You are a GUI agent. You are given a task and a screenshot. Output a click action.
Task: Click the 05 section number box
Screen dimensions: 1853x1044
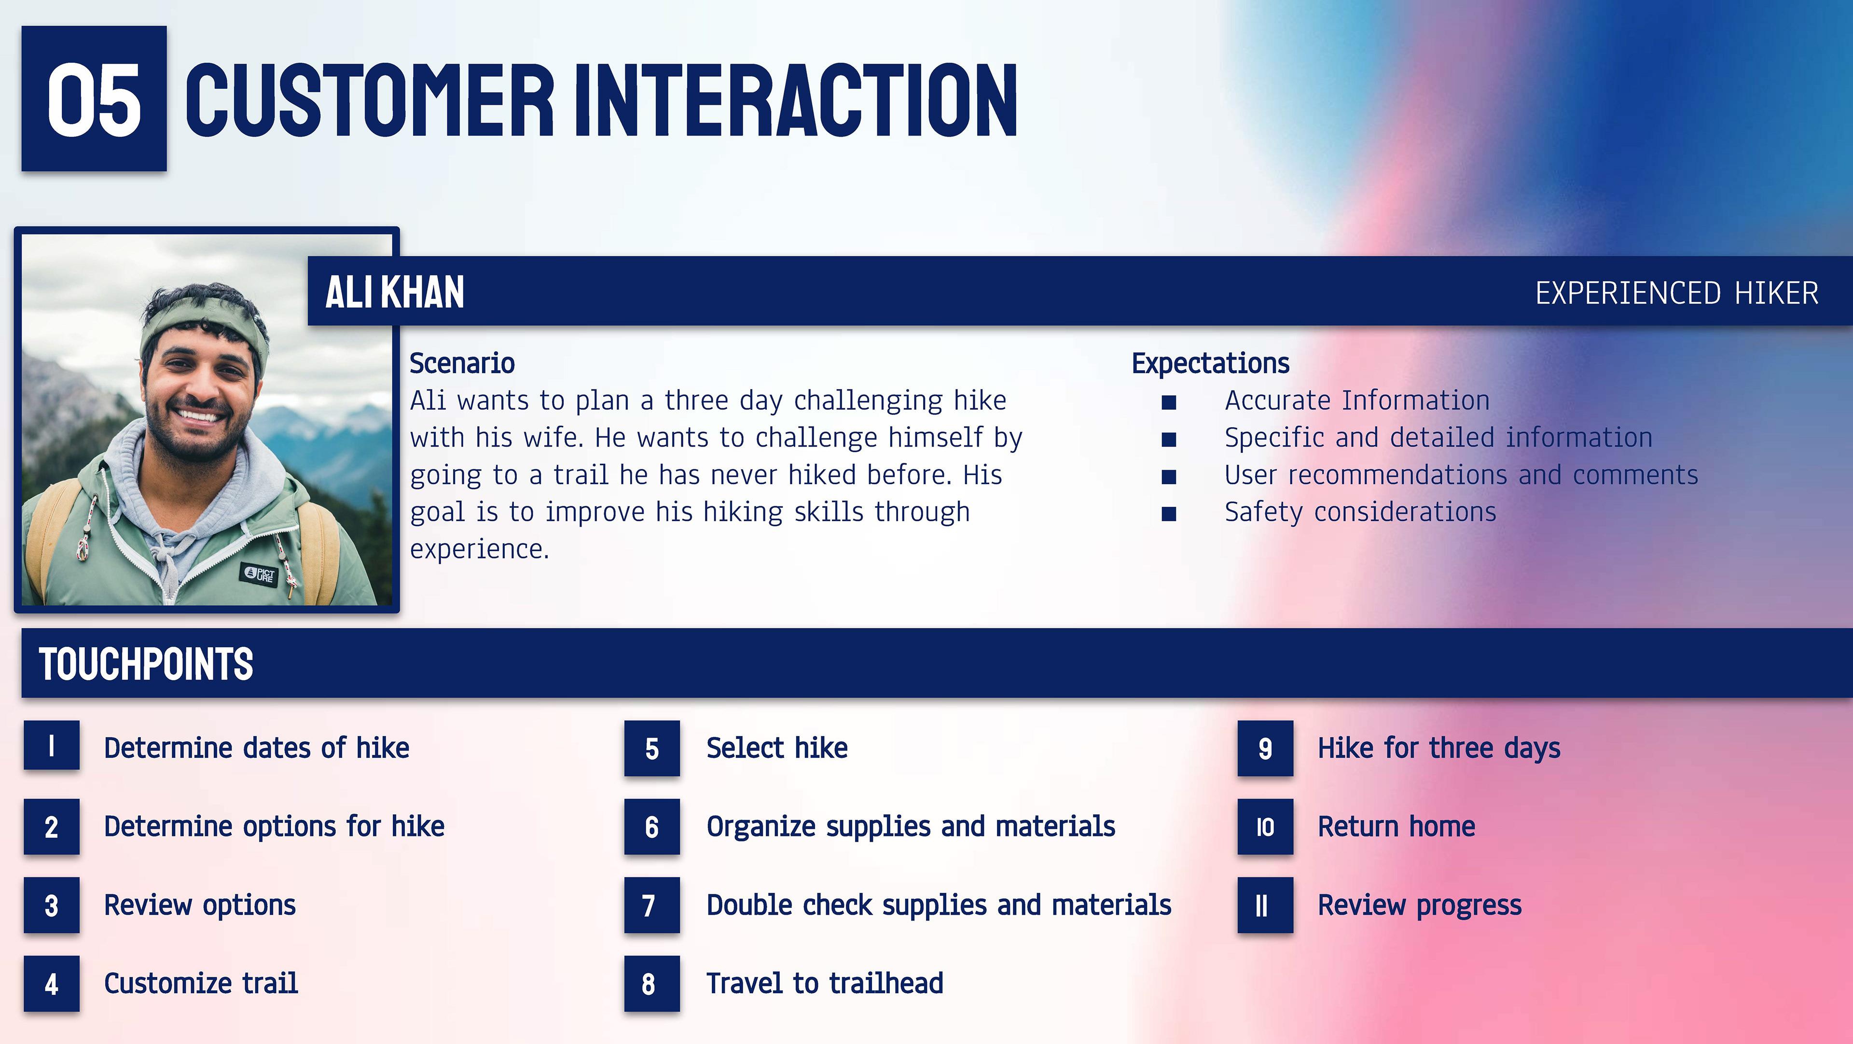(94, 98)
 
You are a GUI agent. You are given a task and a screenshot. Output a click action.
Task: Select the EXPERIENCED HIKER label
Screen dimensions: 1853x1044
(1677, 293)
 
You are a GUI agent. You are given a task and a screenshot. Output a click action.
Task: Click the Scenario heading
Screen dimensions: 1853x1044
(462, 363)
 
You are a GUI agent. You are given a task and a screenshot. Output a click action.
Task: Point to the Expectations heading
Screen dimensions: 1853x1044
(1211, 364)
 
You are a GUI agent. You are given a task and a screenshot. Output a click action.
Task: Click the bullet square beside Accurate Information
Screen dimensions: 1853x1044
(1169, 402)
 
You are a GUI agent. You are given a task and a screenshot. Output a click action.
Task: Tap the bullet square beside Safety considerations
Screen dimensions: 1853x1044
(1169, 514)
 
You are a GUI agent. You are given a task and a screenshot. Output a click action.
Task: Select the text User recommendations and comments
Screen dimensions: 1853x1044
(1461, 475)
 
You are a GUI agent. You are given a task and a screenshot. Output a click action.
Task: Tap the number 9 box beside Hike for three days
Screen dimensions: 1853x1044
(1265, 748)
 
